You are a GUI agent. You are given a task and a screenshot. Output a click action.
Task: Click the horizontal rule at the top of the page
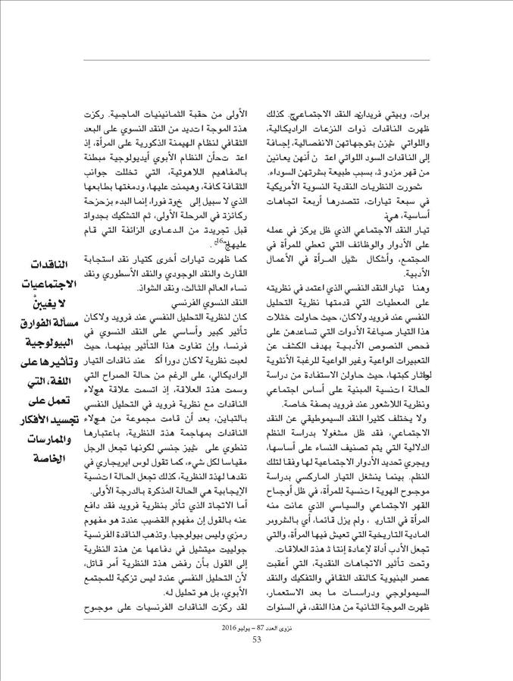[x=257, y=59]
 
